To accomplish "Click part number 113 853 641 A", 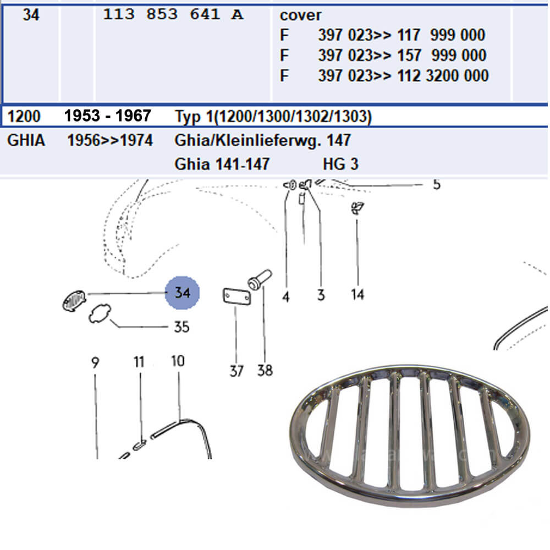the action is [173, 14].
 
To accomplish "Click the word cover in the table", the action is [300, 15].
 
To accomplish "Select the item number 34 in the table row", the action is [31, 15].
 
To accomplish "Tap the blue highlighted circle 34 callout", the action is [183, 293].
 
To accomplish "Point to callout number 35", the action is [182, 327].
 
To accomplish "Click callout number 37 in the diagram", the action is [237, 371].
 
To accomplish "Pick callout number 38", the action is [265, 370].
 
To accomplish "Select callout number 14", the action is [358, 294].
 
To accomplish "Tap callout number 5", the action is [436, 184].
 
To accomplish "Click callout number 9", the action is [95, 362].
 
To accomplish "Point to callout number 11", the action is [139, 362].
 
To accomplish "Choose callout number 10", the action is [178, 361].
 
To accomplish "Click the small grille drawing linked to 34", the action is [74, 301].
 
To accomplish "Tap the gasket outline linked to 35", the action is [100, 313].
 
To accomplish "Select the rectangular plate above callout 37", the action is [237, 297].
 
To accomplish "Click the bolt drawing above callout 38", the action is [260, 279].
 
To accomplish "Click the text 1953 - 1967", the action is [108, 116].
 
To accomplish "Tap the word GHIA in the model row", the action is [26, 140].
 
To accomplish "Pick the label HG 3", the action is [340, 164].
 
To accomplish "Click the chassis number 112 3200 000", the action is [443, 76].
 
